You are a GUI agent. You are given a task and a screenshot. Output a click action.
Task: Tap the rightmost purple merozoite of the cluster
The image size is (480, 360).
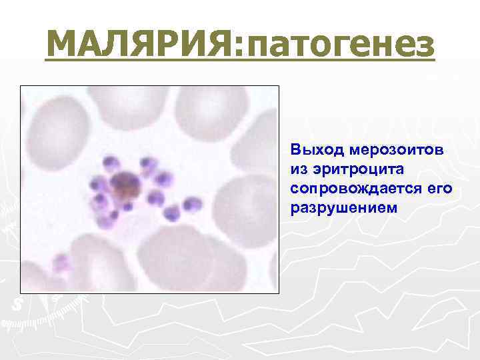[193, 204]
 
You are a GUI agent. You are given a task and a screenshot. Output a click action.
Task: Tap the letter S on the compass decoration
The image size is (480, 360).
[16, 304]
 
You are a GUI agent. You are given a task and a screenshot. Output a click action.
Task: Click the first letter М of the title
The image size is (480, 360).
[63, 45]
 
